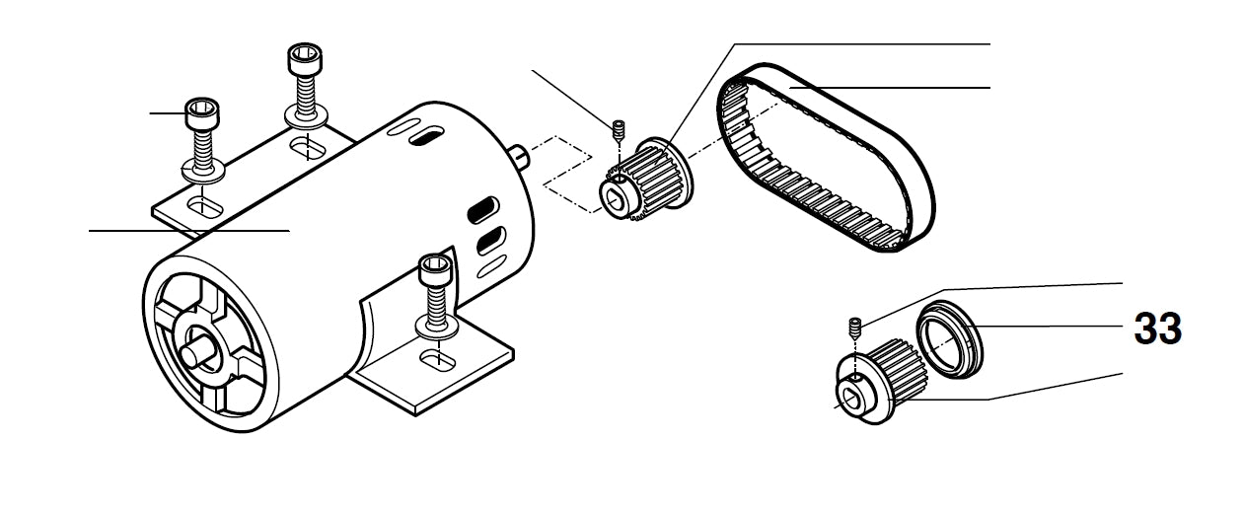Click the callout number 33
coord(1157,329)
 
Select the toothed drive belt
coord(826,157)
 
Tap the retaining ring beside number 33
coord(949,339)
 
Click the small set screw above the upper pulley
coord(618,130)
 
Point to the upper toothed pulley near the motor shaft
coord(646,179)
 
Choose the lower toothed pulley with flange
coord(881,382)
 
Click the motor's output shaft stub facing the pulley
coord(518,157)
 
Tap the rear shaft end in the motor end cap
coord(195,353)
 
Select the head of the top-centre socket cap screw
coord(305,59)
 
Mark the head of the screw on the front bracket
coord(436,270)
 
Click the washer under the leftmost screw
coord(203,171)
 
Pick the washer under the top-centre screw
coord(306,117)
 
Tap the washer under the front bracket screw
coord(437,327)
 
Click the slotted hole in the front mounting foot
coord(438,360)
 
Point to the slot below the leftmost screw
coord(205,206)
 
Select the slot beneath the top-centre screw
coord(308,148)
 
